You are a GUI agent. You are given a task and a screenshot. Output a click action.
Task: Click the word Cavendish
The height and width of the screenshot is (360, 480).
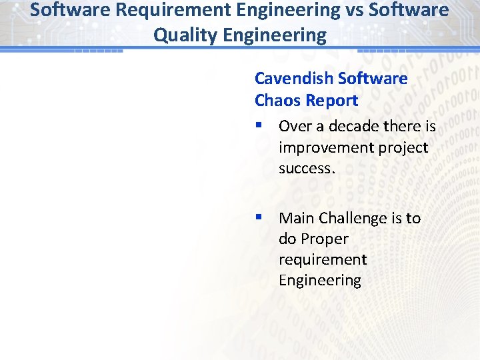[294, 79]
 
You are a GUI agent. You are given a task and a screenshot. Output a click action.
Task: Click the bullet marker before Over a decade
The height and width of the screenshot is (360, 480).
[259, 126]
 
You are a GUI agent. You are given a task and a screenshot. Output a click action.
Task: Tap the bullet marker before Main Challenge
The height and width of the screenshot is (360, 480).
[259, 218]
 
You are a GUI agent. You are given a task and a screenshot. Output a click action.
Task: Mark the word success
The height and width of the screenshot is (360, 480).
[307, 169]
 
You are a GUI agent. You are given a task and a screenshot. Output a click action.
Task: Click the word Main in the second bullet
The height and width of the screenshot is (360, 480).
[296, 218]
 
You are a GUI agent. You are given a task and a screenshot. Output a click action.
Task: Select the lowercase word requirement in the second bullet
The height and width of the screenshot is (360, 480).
[323, 260]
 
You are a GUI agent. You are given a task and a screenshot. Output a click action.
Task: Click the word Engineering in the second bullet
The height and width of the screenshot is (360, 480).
[320, 281]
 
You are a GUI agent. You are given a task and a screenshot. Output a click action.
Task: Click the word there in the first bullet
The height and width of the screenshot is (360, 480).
[403, 126]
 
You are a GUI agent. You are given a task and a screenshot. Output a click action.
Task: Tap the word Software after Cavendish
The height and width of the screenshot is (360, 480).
[373, 79]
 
